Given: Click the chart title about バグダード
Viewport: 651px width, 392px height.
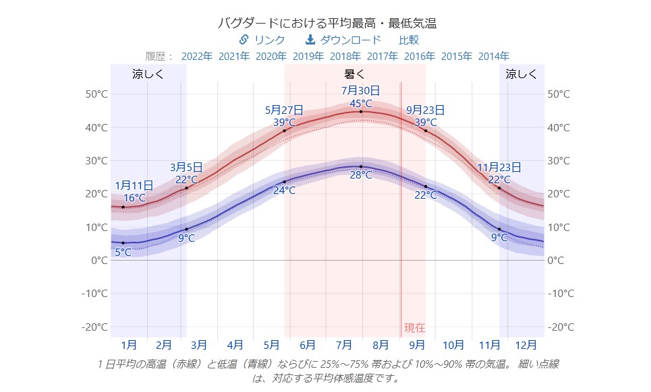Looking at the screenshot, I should tap(327, 23).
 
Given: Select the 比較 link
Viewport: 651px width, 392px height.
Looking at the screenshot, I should tap(408, 40).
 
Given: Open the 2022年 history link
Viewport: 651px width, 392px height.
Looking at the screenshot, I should tap(197, 56).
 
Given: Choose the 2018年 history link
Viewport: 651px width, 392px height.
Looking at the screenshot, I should tap(345, 56).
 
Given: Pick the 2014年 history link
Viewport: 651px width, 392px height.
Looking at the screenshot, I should tap(494, 56).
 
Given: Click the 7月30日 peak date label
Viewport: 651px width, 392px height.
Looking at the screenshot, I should tap(360, 90).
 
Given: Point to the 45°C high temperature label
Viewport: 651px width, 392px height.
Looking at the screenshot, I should tap(360, 103).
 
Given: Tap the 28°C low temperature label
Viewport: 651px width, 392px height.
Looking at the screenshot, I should tap(360, 174).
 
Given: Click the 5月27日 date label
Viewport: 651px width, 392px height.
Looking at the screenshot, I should tap(284, 109).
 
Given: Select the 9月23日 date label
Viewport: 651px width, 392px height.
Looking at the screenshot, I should tap(425, 109).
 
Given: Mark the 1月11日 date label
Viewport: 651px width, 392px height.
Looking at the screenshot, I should tap(134, 185).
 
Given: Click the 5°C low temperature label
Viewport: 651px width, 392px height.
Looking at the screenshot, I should tap(123, 253).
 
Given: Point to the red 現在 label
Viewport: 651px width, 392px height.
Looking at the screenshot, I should tap(414, 328).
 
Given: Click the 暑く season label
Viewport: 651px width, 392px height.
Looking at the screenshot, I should tap(354, 74).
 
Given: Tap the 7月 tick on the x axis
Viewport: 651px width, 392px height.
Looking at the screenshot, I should tap(344, 345).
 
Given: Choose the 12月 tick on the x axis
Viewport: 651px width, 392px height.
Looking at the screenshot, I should tap(526, 345).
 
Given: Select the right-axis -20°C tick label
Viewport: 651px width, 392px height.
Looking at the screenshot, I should tap(561, 327).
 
